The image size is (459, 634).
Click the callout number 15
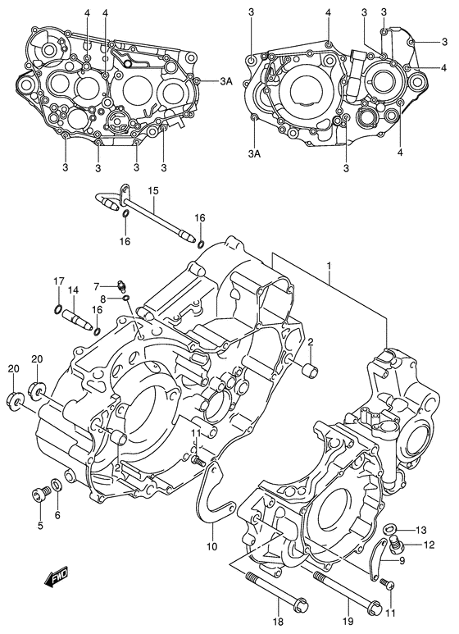[x=153, y=190]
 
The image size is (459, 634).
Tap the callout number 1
[x=329, y=265]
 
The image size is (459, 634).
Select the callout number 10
[x=211, y=547]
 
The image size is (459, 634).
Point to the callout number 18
[x=279, y=621]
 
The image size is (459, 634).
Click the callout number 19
[x=348, y=621]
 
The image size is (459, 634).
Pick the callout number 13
[x=421, y=530]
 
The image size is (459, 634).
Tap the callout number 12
[x=429, y=545]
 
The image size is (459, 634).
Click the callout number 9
[x=402, y=560]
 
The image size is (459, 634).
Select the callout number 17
[x=59, y=281]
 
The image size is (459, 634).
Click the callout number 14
[x=73, y=290]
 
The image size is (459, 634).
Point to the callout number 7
[x=96, y=287]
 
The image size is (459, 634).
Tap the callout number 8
[x=103, y=299]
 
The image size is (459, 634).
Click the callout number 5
[x=39, y=525]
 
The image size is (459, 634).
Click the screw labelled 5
[x=40, y=494]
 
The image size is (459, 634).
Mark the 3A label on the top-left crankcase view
[x=226, y=82]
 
